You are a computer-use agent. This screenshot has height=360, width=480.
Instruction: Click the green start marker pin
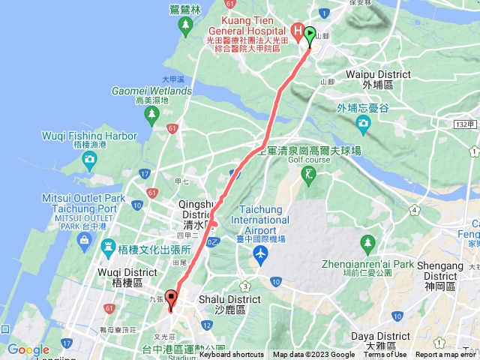click(x=310, y=36)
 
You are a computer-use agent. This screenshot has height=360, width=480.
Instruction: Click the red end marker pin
click(x=171, y=298)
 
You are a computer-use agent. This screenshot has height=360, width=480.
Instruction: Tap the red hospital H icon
click(x=297, y=32)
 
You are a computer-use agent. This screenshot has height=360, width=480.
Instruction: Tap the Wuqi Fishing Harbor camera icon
click(x=89, y=158)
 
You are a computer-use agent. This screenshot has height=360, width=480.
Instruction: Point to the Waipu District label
click(x=378, y=75)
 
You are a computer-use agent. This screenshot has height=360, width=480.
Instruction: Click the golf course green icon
click(x=307, y=175)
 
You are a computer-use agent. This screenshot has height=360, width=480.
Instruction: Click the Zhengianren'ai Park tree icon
click(x=367, y=243)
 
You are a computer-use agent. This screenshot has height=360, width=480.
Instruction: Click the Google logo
click(x=28, y=349)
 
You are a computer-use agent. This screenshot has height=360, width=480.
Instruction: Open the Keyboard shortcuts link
click(x=232, y=355)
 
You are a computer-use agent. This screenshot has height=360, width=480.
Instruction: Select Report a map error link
click(x=447, y=355)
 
